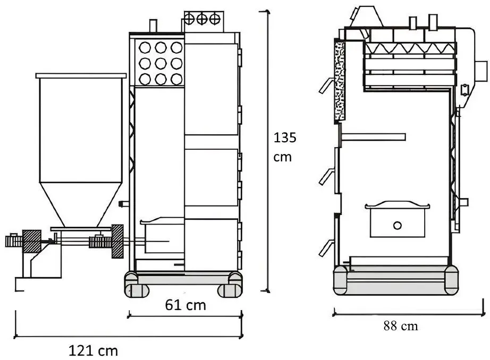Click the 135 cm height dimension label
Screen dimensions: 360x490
[284, 147]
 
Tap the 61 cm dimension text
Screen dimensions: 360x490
[185, 305]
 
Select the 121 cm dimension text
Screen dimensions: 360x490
[93, 350]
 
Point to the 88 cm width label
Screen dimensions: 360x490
[401, 326]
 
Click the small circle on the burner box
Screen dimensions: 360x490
[397, 225]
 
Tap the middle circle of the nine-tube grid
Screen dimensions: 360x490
[160, 63]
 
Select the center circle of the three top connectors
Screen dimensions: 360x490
[202, 19]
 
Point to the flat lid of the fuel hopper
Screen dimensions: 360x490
[81, 76]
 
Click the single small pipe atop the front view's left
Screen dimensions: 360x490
[153, 25]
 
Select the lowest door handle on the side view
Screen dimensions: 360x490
[326, 246]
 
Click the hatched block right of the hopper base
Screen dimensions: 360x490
[117, 242]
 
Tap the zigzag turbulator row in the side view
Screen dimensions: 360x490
[410, 48]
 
